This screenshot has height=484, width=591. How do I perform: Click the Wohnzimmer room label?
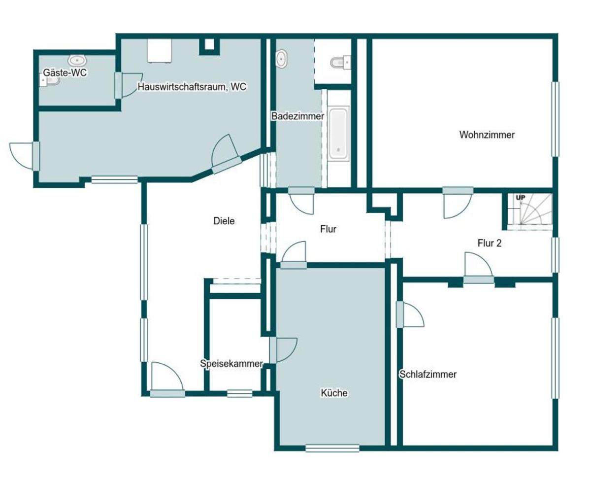pos(487,135)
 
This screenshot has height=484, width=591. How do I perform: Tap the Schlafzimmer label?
pos(428,375)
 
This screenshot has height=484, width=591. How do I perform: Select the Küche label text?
pos(334,393)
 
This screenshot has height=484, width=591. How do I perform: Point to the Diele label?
pos(224,221)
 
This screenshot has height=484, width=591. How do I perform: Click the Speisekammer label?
pos(231,364)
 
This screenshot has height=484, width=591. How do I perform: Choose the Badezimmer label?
pos(297,116)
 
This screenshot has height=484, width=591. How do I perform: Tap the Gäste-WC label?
pos(65,73)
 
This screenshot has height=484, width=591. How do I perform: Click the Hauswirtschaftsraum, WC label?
pos(192,87)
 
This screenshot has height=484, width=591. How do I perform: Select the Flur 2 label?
pos(489,243)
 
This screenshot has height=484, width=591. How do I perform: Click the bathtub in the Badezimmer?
pos(339,134)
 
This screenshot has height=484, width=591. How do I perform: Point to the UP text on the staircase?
pos(521,198)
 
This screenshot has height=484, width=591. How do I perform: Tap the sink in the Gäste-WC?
pos(77,60)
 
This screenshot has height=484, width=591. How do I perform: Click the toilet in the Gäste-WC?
pos(50,82)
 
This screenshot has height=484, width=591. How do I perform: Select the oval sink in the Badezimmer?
pos(281,59)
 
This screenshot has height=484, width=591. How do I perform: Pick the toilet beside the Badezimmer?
pos(340,62)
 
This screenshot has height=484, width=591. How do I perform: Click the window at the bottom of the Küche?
pos(332,448)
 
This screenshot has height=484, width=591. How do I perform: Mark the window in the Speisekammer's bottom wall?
pos(239,394)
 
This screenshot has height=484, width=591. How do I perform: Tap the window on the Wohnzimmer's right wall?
pos(555,119)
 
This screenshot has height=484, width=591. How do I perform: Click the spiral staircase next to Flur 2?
pos(529,211)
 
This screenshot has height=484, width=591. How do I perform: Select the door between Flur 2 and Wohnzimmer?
pos(458,203)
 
